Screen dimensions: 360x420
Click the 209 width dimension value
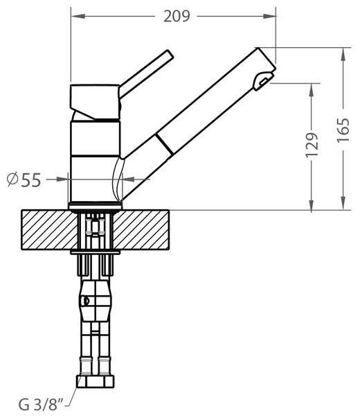coord(177,17)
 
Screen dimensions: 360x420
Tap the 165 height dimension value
coord(343,130)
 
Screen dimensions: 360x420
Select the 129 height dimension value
coord(312,145)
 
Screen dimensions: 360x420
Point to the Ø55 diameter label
coord(24,180)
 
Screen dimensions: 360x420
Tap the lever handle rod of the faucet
coord(146,73)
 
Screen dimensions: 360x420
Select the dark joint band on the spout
coord(164,144)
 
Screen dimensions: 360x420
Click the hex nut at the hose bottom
coord(96,381)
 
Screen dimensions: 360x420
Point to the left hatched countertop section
coord(50,230)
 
